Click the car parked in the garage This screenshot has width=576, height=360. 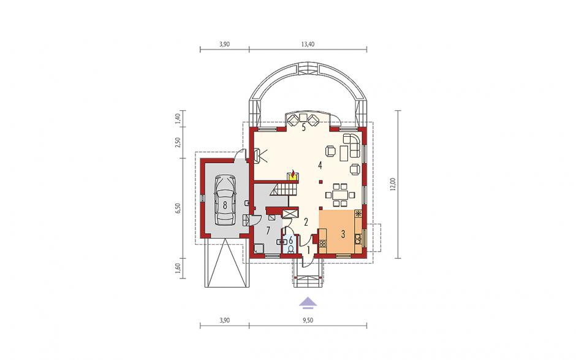point(225,200)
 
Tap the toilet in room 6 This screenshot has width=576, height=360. point(291,249)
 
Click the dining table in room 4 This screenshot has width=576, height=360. point(340,194)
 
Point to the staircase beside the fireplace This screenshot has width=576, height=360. point(286,190)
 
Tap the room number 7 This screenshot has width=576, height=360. point(268,231)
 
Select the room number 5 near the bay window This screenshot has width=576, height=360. point(303,128)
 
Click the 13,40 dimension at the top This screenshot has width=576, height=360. point(308,44)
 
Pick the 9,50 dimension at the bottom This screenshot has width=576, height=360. point(308,320)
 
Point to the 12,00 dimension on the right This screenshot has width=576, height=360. point(393,184)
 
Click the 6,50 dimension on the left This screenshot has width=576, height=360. point(178,208)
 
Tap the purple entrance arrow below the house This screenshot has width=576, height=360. point(308,302)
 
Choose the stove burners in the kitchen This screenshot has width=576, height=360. point(323,243)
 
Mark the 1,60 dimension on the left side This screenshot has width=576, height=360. point(178,269)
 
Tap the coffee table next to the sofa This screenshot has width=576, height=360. point(344,153)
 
